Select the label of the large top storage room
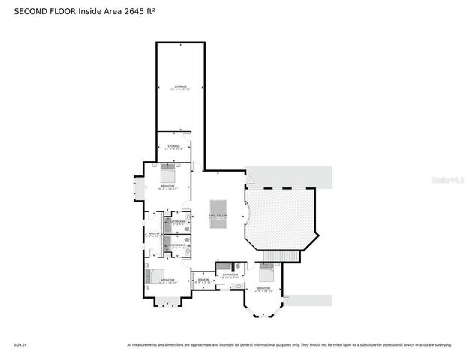click(x=180, y=88)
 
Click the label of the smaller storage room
click(x=174, y=147)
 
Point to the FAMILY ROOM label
click(x=218, y=216)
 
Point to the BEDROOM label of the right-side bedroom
click(x=263, y=288)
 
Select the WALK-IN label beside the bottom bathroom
click(x=202, y=280)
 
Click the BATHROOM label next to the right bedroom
click(x=230, y=275)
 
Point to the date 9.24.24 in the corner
click(x=20, y=345)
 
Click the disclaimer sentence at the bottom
click(x=289, y=345)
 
